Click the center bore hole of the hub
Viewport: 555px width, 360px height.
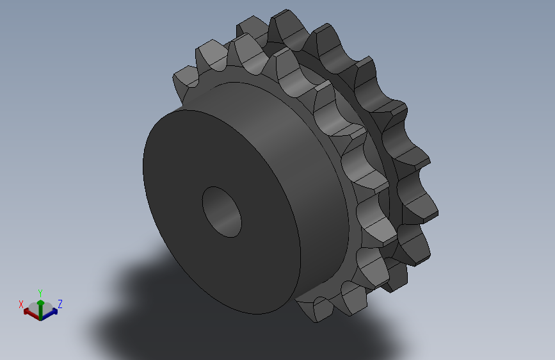[x=221, y=212]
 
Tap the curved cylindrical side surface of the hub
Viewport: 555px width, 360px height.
[x=282, y=160]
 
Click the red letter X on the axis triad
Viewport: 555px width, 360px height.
[x=21, y=304]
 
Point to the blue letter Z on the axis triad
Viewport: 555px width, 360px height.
[x=60, y=304]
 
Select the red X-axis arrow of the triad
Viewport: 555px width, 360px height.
[x=28, y=313]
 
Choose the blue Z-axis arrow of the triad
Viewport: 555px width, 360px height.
[x=52, y=313]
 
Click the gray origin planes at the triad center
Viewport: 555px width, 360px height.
[x=40, y=315]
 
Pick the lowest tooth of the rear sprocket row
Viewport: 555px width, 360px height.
[x=397, y=282]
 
